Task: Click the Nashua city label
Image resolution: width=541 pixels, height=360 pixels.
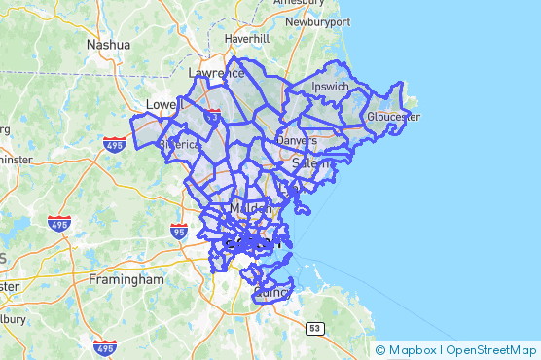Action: point(108,45)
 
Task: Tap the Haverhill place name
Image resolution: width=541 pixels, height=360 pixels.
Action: point(246,38)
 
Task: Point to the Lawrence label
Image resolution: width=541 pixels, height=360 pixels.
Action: point(216,73)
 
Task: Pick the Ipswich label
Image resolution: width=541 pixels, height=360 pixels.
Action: point(329,87)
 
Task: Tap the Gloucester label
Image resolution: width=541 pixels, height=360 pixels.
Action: point(393,117)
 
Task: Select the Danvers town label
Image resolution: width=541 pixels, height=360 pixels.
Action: point(298,140)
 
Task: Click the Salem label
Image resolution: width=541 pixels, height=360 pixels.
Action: point(312,164)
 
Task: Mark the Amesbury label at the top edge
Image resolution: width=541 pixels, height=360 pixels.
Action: point(298,4)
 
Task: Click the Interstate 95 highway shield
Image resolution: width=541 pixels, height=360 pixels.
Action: point(178,232)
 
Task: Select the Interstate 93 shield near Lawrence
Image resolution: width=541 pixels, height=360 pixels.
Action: point(213,116)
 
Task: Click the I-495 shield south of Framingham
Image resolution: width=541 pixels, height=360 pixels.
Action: point(106,346)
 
